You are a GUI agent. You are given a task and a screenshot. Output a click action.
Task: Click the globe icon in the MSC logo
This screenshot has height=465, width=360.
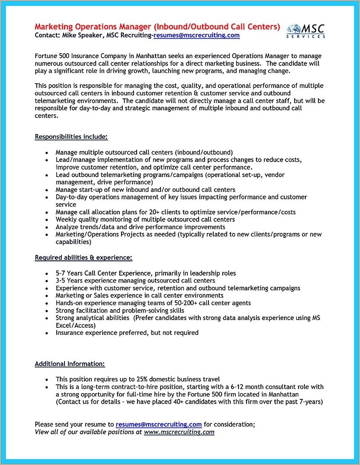pos(294,29)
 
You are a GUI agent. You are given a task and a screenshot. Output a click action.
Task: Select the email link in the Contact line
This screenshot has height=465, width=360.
pos(196,35)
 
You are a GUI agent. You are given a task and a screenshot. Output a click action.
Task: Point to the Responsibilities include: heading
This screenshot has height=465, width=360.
pos(71,136)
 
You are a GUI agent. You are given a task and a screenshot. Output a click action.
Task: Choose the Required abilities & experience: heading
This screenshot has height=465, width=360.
pos(83,257)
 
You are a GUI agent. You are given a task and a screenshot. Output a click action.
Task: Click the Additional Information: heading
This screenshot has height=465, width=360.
pos(69,364)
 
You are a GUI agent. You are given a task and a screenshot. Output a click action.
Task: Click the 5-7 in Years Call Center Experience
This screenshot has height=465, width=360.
pos(61,273)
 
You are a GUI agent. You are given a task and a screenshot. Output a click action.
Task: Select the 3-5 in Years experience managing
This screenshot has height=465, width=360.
pos(61,281)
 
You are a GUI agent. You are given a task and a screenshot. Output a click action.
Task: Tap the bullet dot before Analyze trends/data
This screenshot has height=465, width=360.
pos(47,227)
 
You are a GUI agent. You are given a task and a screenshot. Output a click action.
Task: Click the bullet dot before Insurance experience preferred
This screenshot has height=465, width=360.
pos(47,333)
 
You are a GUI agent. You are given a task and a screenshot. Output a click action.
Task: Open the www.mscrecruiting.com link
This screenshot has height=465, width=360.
pos(179,432)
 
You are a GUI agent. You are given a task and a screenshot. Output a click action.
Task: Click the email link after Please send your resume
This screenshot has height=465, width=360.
pos(159,424)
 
